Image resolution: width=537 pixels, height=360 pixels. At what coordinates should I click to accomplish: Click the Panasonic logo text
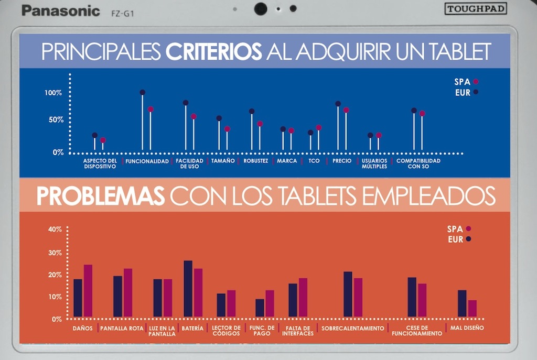pyautogui.click(x=60, y=10)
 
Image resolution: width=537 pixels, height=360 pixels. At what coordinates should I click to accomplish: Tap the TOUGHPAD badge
pyautogui.click(x=476, y=8)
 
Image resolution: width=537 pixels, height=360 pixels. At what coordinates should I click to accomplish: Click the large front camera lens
pyautogui.click(x=261, y=8)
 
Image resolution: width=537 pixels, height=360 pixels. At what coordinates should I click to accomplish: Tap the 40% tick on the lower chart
pyautogui.click(x=55, y=229)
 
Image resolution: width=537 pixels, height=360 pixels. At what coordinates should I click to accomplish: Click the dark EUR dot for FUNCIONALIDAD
pyautogui.click(x=142, y=92)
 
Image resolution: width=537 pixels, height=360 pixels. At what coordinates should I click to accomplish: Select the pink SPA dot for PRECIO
pyautogui.click(x=346, y=110)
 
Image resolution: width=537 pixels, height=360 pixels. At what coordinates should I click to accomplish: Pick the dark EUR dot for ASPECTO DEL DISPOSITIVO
pyautogui.click(x=95, y=135)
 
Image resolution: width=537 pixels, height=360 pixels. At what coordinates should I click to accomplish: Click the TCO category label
pyautogui.click(x=314, y=161)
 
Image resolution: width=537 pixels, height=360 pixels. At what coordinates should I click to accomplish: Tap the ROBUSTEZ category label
pyautogui.click(x=256, y=161)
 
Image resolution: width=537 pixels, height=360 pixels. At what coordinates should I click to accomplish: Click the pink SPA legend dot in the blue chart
pyautogui.click(x=476, y=81)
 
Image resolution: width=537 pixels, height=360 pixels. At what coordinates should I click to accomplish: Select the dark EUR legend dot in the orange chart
pyautogui.click(x=468, y=239)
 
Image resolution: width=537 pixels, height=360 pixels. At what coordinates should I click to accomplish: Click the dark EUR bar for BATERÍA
pyautogui.click(x=188, y=288)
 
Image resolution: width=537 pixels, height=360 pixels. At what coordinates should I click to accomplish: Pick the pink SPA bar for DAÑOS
pyautogui.click(x=88, y=290)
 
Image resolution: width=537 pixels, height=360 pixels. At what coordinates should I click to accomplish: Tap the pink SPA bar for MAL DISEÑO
pyautogui.click(x=472, y=308)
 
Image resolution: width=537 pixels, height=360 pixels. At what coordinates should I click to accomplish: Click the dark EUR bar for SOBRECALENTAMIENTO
pyautogui.click(x=348, y=294)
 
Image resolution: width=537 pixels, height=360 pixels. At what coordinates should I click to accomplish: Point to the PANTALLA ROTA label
pyautogui.click(x=121, y=329)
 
